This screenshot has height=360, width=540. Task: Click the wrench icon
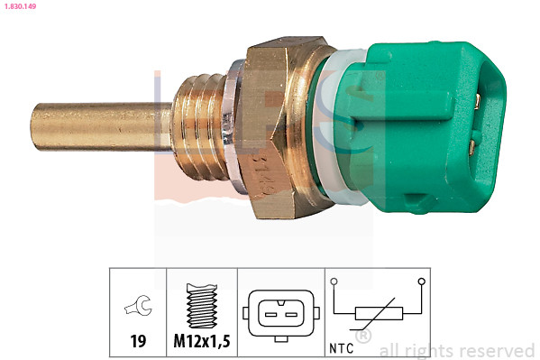(x=138, y=309)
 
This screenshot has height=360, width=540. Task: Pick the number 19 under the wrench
(x=138, y=342)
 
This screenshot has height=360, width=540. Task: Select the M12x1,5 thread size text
(x=201, y=342)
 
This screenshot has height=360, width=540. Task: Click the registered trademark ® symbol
(x=362, y=337)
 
